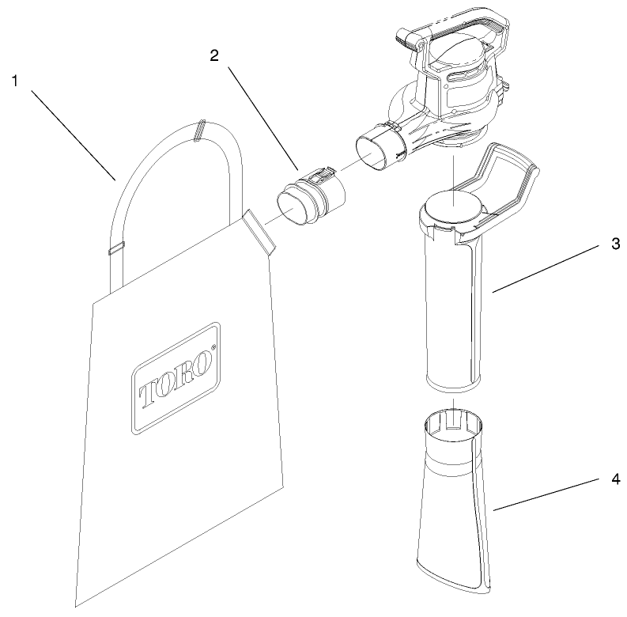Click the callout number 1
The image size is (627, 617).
[x=15, y=79]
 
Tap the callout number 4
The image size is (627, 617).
[x=614, y=479]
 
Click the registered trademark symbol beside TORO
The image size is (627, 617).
[x=213, y=349]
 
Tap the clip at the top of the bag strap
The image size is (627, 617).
[x=199, y=130]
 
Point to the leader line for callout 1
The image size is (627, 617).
[x=76, y=131]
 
